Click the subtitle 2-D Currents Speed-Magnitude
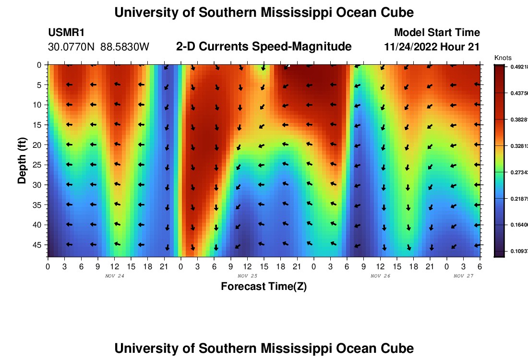point(264,47)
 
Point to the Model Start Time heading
point(437,33)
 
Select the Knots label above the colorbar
point(503,58)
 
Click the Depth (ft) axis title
point(22,155)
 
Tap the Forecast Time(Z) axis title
point(264,287)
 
